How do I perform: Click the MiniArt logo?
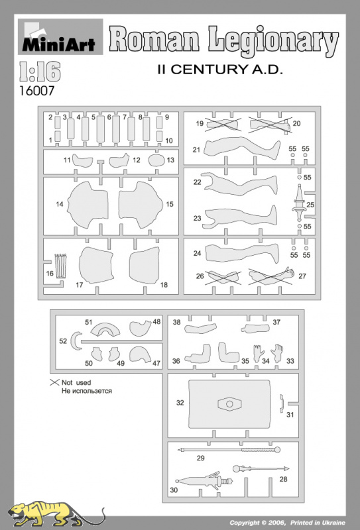point(60,36)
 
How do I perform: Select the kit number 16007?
point(36,91)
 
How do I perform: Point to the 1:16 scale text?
point(40,72)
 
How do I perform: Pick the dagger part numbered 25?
point(299,202)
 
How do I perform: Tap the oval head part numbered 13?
point(156,160)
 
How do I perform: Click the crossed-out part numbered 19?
point(223,125)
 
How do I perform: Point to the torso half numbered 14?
point(88,204)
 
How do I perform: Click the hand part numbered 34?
point(258,353)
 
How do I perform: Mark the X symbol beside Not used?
point(54,382)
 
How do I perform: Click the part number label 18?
point(164,285)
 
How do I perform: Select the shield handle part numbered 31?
point(281,403)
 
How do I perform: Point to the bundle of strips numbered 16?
point(60,266)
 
